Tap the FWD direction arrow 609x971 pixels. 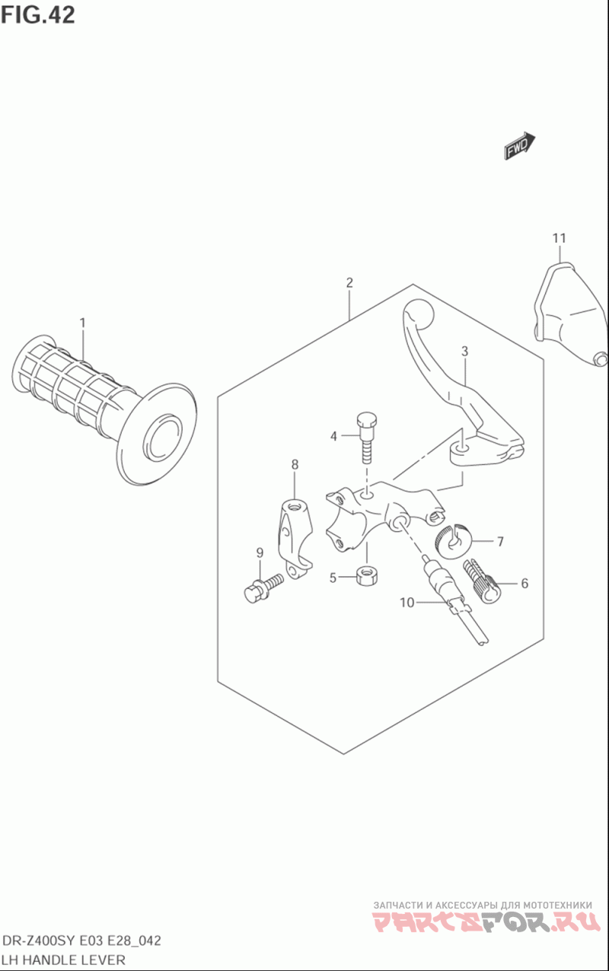(520, 145)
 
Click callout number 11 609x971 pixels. (559, 238)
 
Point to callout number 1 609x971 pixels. (82, 323)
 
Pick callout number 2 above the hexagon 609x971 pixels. (349, 282)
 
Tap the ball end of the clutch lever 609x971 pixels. (418, 312)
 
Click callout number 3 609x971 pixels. (464, 351)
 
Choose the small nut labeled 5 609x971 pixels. (366, 575)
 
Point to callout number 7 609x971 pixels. (500, 542)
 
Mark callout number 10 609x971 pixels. (407, 603)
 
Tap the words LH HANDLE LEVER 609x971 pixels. (63, 960)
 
